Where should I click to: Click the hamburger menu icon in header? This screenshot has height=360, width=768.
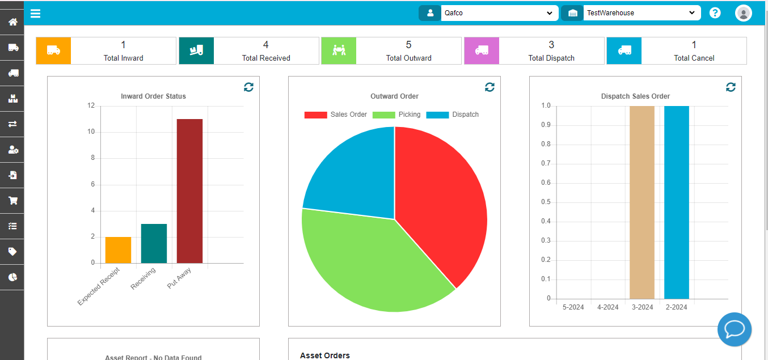(x=35, y=13)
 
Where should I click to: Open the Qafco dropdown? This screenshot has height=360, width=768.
(x=499, y=13)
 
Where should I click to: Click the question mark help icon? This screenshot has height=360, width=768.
(x=715, y=13)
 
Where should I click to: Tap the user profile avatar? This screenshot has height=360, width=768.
(x=743, y=13)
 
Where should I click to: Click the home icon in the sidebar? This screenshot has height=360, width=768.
(x=12, y=22)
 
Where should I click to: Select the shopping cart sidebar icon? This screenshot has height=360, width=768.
(x=12, y=200)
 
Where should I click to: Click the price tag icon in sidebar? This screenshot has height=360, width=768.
(x=12, y=251)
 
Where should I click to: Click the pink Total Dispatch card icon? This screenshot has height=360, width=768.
(x=482, y=50)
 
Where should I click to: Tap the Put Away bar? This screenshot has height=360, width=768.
(x=189, y=191)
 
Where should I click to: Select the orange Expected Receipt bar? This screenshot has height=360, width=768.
(x=118, y=250)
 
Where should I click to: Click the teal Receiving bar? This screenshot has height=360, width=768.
(x=154, y=244)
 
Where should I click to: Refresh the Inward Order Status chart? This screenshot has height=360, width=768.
(x=248, y=87)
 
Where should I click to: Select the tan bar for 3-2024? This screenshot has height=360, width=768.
(x=642, y=202)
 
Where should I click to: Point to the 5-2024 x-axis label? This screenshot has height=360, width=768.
(x=573, y=307)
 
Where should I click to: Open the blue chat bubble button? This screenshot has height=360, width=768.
(x=734, y=329)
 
